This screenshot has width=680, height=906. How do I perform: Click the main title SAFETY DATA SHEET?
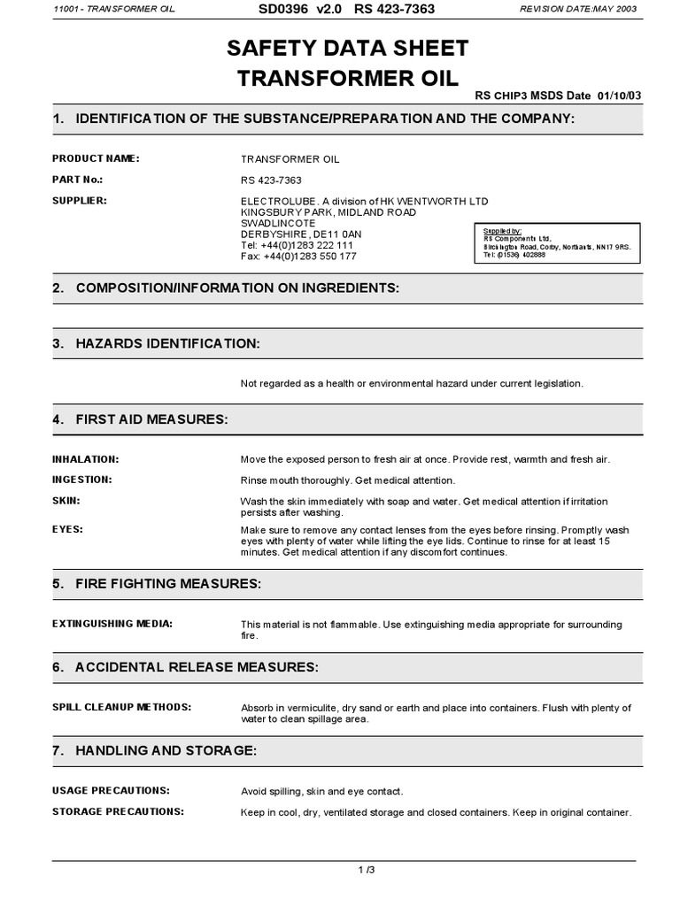pyautogui.click(x=348, y=48)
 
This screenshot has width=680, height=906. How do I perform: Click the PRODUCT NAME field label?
pyautogui.click(x=96, y=158)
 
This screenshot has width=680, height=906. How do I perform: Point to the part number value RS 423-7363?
pyautogui.click(x=271, y=180)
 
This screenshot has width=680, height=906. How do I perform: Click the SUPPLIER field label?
pyautogui.click(x=80, y=201)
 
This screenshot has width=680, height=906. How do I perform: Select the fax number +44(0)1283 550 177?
pyautogui.click(x=298, y=257)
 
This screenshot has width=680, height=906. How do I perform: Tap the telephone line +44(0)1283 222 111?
pyautogui.click(x=297, y=245)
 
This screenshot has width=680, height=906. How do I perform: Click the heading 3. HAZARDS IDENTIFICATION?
pyautogui.click(x=156, y=342)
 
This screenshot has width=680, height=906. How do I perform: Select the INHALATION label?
pyautogui.click(x=86, y=459)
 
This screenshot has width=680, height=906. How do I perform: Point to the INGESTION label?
pyautogui.click(x=82, y=480)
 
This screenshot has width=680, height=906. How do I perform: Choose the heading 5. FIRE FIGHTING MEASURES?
pyautogui.click(x=157, y=584)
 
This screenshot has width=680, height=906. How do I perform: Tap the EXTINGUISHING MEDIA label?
pyautogui.click(x=112, y=624)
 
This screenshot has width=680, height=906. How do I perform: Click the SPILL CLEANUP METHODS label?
pyautogui.click(x=121, y=707)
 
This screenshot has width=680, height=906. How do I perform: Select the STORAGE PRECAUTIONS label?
pyautogui.click(x=118, y=811)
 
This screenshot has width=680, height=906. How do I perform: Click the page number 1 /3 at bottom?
pyautogui.click(x=366, y=871)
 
